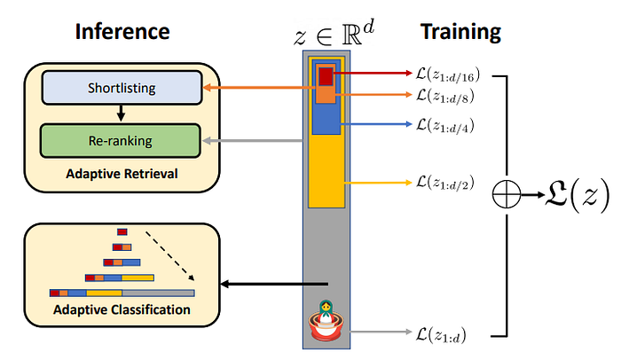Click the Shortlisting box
click(122, 89)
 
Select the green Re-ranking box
click(122, 141)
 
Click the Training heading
click(460, 33)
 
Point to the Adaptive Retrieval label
click(122, 173)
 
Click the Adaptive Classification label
click(122, 309)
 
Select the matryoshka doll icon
click(326, 320)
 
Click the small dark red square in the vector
click(326, 74)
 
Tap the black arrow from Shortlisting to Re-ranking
click(122, 114)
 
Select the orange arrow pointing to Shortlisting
click(257, 89)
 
